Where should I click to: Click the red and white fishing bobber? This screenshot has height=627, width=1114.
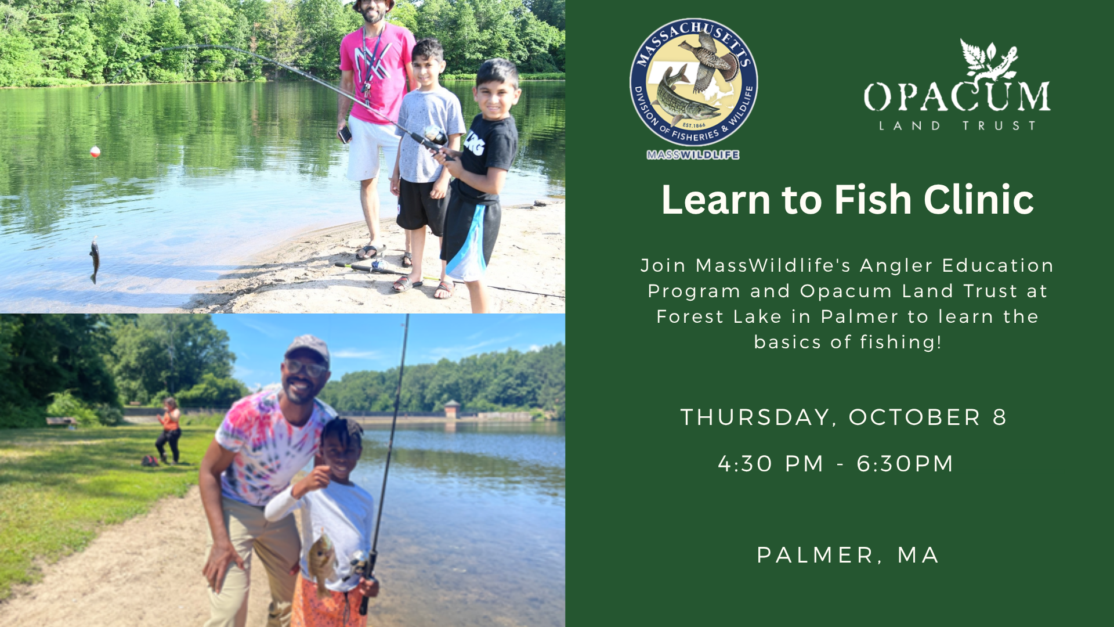[95, 152]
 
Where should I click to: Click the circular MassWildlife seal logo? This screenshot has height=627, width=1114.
[693, 82]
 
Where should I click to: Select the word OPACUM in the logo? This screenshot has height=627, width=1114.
[957, 96]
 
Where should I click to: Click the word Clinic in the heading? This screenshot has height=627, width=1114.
[979, 200]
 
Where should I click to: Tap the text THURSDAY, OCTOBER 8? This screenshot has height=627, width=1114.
[844, 417]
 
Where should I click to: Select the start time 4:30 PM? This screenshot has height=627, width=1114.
[771, 463]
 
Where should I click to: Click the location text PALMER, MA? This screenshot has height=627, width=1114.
[848, 555]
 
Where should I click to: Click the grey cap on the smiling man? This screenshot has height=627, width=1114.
[307, 348]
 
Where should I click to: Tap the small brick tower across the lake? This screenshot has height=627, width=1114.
[451, 409]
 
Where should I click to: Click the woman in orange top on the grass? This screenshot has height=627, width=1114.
[169, 430]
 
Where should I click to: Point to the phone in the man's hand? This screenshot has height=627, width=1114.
[345, 134]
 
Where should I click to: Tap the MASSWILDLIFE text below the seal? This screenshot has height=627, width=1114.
[693, 155]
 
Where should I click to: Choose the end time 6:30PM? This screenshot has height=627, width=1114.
[905, 463]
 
